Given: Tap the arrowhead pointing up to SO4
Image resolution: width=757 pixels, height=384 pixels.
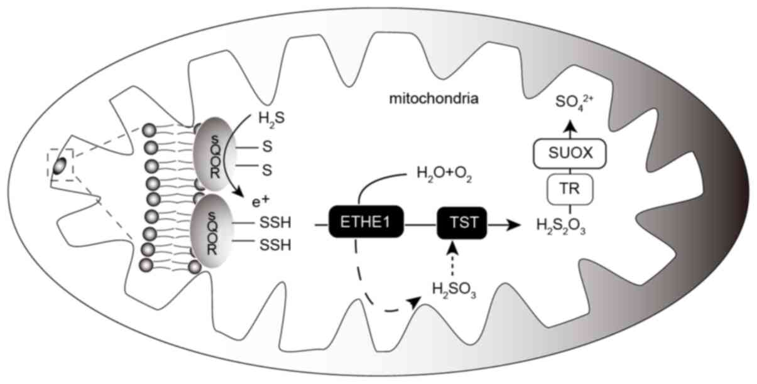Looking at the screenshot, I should click(569, 127).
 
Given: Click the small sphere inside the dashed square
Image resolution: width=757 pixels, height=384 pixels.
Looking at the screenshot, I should click(59, 166).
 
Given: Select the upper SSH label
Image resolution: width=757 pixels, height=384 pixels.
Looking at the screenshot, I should click(275, 223).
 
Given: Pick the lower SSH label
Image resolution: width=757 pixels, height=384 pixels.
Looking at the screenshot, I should click(275, 245).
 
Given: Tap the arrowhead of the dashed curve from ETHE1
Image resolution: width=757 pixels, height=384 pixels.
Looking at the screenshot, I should click(415, 302).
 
